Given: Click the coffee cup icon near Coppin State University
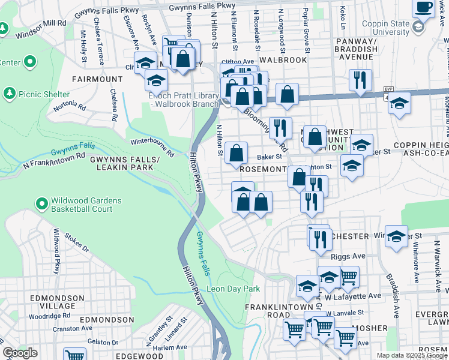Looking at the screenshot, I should point(425,7).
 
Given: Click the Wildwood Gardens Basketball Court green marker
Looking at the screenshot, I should point(41,205).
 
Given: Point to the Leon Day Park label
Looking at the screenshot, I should point(233,289).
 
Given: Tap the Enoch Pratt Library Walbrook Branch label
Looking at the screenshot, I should point(183,100).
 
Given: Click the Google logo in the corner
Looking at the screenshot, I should point(20,353).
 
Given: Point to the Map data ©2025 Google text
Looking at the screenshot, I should point(412,355).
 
